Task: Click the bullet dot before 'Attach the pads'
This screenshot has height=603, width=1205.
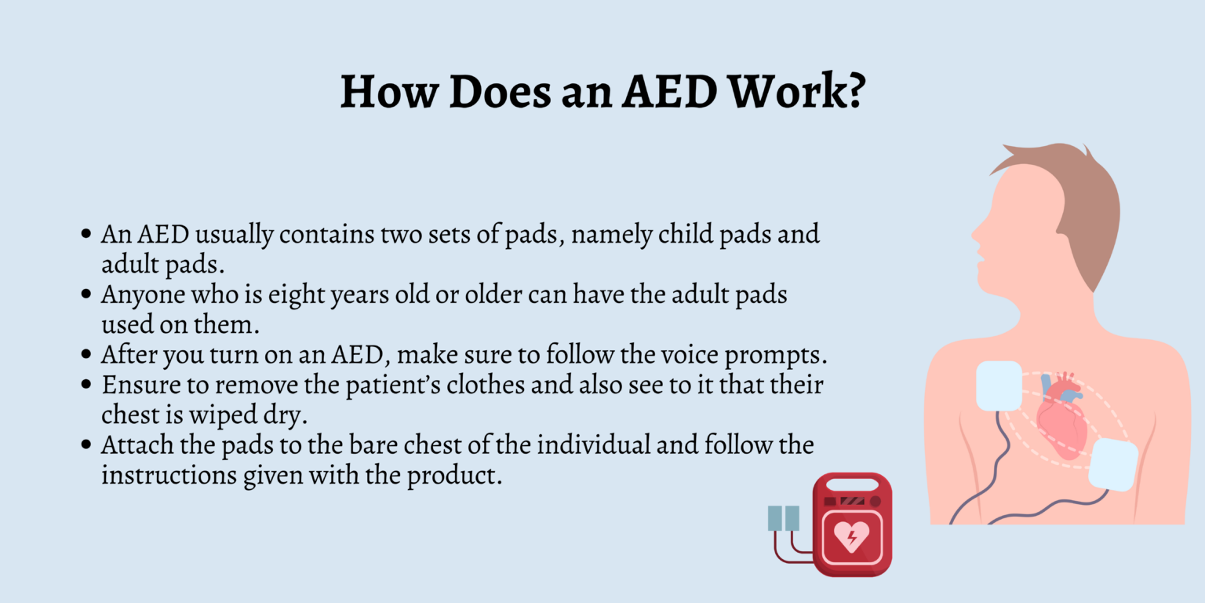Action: [x=86, y=446]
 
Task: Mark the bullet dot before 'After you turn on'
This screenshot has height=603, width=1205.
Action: [x=86, y=355]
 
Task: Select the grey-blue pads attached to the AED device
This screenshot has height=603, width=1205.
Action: [x=783, y=518]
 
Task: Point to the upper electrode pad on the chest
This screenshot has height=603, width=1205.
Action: [x=999, y=386]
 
